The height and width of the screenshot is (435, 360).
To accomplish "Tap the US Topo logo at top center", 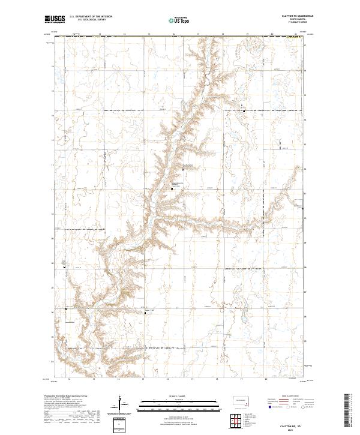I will [x=178, y=20].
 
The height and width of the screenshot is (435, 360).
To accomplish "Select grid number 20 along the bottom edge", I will [x=265, y=379].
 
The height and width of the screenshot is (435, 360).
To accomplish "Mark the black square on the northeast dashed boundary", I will [x=243, y=111].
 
